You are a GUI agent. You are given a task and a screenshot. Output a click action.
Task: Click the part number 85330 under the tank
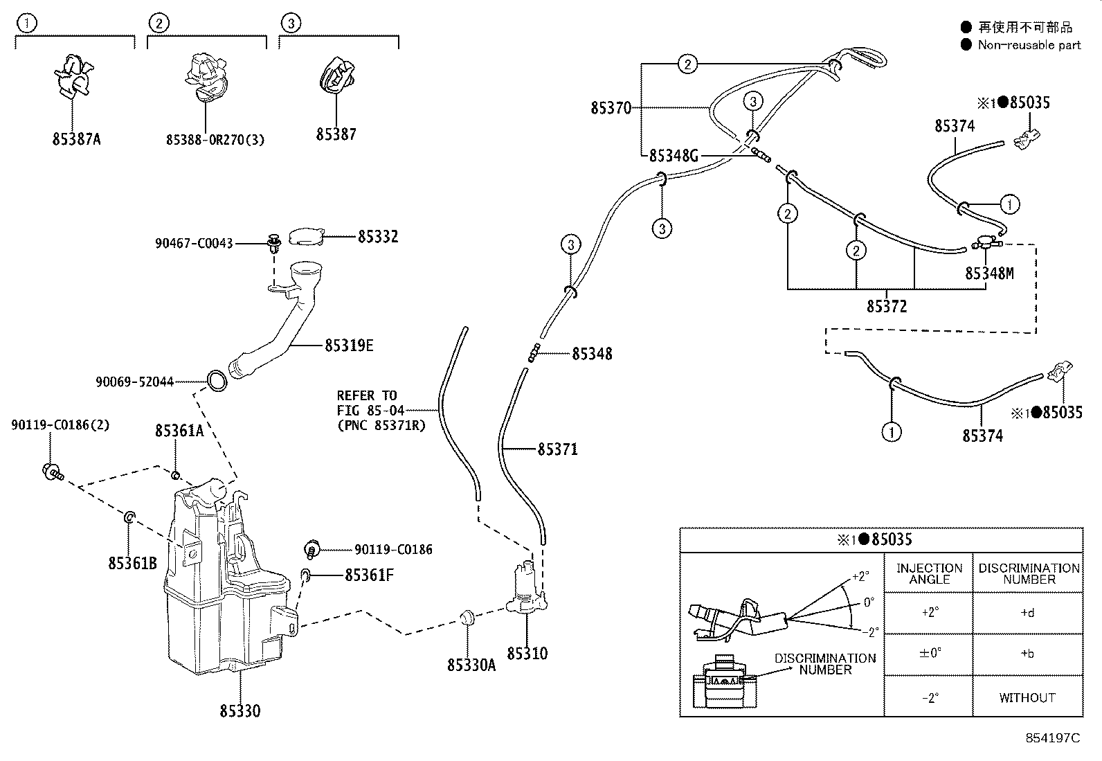tap(240, 711)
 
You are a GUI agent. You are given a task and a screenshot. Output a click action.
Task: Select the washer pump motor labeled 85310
tap(526, 592)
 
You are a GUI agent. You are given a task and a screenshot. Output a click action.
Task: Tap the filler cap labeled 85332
tap(306, 237)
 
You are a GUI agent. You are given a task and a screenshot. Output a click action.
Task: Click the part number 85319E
tap(349, 345)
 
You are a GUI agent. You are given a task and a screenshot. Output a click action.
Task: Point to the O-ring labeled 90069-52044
tap(217, 381)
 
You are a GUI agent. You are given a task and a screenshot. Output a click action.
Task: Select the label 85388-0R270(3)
tap(215, 140)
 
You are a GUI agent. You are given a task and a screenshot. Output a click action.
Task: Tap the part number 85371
tap(557, 449)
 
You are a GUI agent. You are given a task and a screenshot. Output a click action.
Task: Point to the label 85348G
tap(674, 156)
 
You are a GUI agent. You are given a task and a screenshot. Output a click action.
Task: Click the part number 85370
tap(611, 108)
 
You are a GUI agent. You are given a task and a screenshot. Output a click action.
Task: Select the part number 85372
tap(886, 306)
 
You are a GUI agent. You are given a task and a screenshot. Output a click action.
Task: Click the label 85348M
tap(989, 274)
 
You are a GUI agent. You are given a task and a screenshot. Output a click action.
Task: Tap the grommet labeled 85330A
tap(467, 617)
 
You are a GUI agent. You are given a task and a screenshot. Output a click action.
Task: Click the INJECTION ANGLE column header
tap(929, 573)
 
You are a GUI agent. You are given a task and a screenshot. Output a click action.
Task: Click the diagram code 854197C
tap(1052, 738)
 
